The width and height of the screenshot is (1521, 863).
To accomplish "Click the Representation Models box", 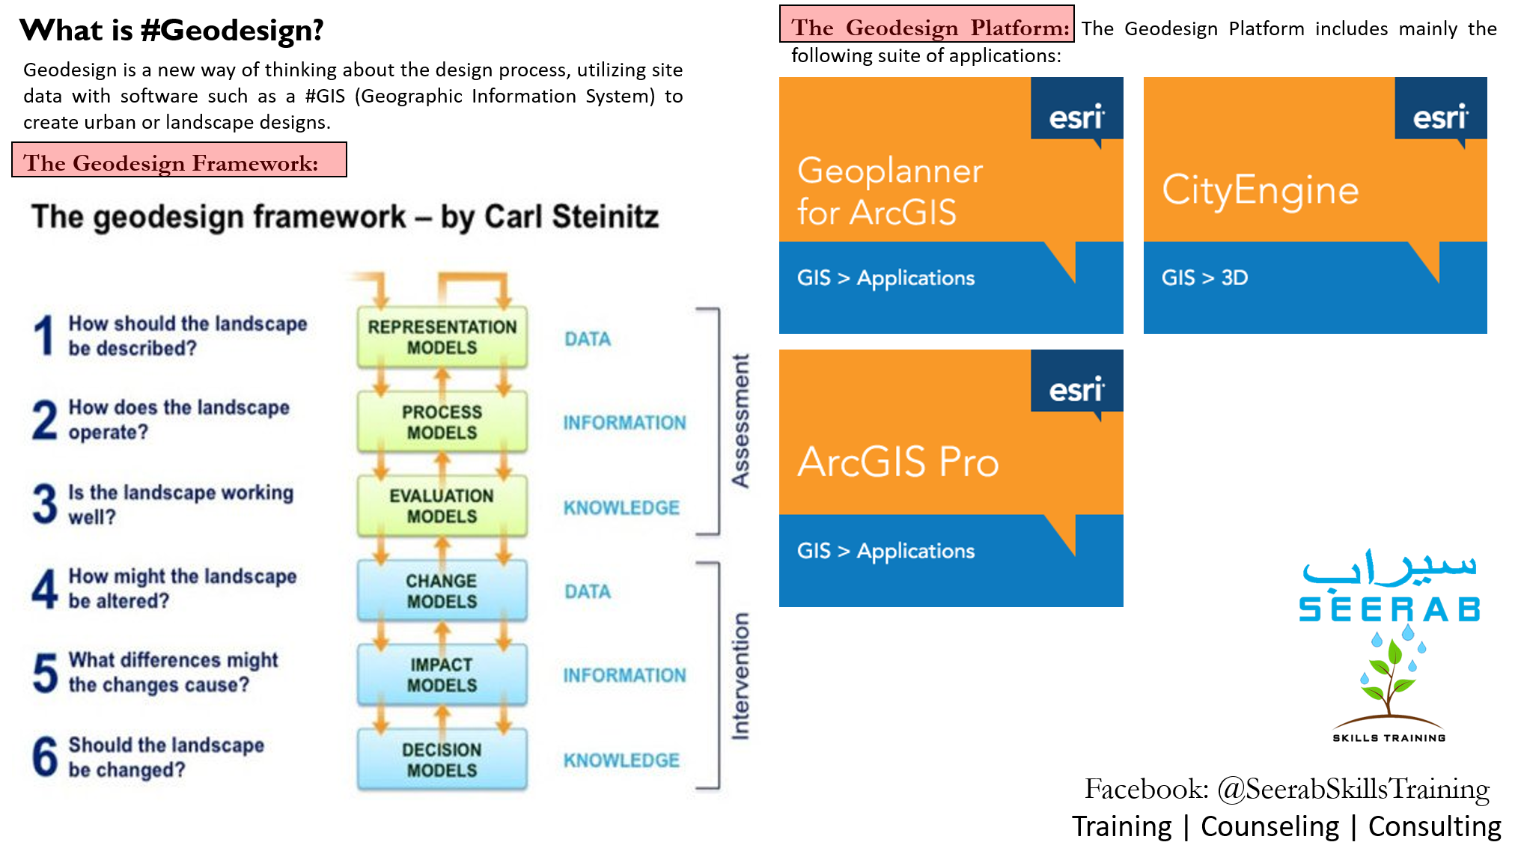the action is [442, 337].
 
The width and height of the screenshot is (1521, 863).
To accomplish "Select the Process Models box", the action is [442, 421].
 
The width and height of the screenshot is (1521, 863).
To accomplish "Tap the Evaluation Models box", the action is [442, 506].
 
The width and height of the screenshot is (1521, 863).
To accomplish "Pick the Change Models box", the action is [442, 591].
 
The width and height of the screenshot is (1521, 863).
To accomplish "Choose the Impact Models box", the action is [442, 675].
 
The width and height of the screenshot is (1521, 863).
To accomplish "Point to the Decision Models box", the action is [442, 760].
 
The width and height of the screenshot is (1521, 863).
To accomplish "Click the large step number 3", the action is [45, 504].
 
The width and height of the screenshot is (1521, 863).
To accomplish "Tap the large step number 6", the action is [45, 756].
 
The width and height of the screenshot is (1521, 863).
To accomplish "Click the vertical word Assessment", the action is [740, 421].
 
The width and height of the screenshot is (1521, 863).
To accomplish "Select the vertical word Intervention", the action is [740, 677].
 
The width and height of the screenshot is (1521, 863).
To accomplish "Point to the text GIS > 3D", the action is [1204, 278].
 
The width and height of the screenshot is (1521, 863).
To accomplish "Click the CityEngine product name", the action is [1261, 190].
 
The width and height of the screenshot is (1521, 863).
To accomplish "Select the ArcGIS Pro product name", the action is [898, 461].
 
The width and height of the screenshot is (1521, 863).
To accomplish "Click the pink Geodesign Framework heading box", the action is [180, 159].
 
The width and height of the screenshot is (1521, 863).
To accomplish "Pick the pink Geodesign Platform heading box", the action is [927, 24].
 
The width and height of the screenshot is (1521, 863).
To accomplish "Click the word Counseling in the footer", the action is [1270, 826].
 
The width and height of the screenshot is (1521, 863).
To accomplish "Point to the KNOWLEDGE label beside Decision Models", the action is [621, 760].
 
